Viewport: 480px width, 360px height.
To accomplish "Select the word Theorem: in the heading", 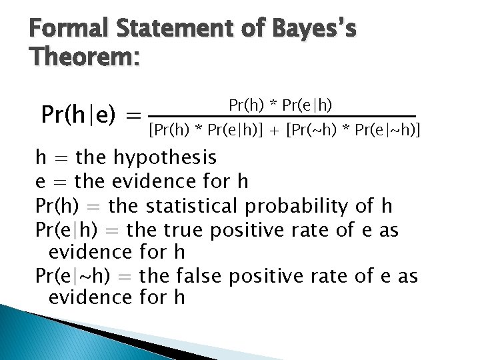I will click(x=84, y=59).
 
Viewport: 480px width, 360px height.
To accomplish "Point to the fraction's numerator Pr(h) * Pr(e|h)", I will click(x=281, y=105).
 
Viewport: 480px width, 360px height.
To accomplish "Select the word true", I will click(x=185, y=231).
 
